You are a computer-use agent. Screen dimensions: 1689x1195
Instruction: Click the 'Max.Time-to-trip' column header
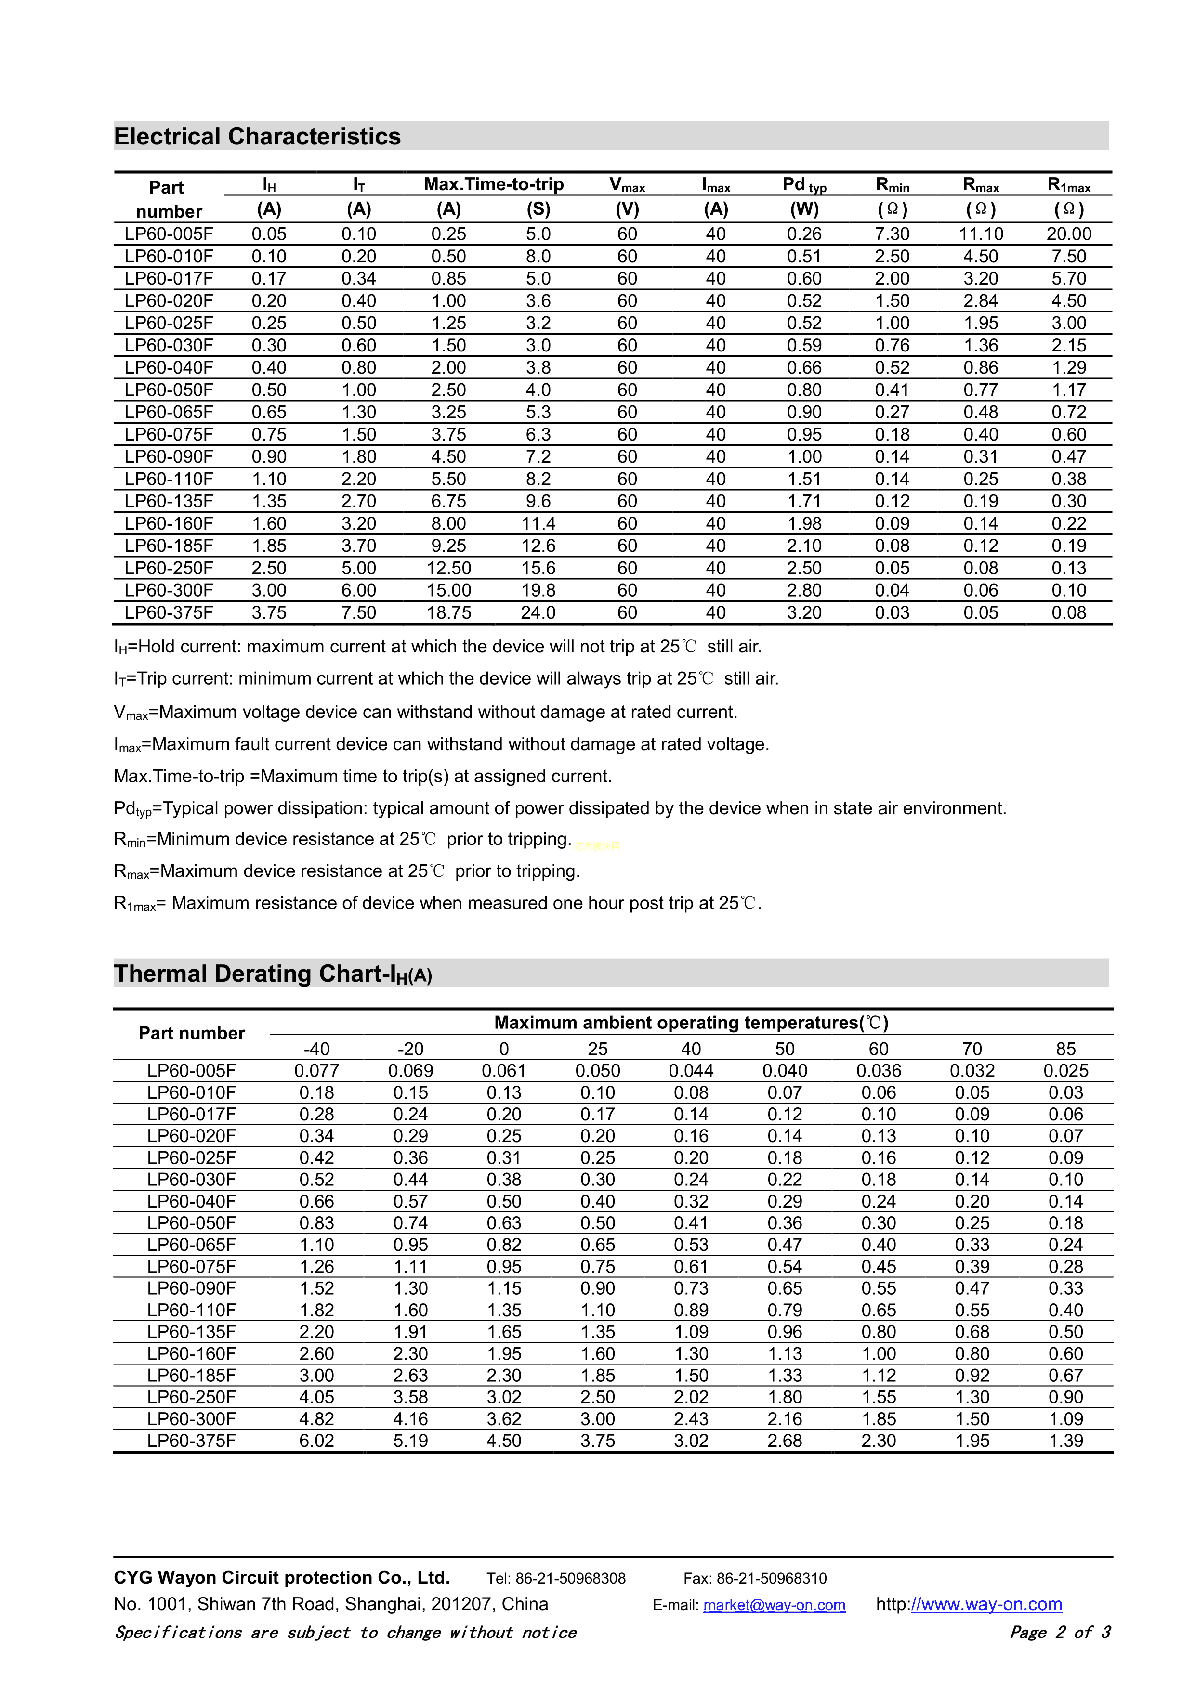pyautogui.click(x=494, y=184)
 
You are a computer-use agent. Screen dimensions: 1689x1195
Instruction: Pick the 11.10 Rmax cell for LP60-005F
pyautogui.click(x=981, y=234)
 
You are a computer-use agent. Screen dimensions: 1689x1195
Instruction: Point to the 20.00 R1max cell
pyautogui.click(x=1068, y=234)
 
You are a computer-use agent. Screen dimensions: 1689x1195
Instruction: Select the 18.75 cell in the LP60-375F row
pyautogui.click(x=449, y=613)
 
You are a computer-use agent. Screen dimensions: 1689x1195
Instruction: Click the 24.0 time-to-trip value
pyautogui.click(x=538, y=613)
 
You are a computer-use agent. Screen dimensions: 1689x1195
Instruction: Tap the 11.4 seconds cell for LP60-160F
pyautogui.click(x=538, y=524)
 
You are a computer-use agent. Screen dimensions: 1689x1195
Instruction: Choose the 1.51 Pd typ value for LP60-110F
pyautogui.click(x=804, y=479)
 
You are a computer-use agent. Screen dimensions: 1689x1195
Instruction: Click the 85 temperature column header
pyautogui.click(x=1065, y=1049)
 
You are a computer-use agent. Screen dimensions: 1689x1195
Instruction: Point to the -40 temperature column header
pyautogui.click(x=316, y=1049)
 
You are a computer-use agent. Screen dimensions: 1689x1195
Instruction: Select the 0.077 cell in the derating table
pyautogui.click(x=316, y=1071)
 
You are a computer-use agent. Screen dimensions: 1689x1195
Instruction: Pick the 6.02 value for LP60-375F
pyautogui.click(x=316, y=1441)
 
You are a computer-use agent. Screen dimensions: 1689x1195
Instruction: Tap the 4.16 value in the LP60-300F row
pyautogui.click(x=410, y=1419)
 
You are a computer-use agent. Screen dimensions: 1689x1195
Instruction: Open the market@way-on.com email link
pyautogui.click(x=774, y=1605)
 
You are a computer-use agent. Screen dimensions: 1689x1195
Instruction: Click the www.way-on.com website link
pyautogui.click(x=986, y=1604)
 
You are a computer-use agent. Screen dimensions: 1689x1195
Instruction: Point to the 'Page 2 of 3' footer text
pyautogui.click(x=1060, y=1632)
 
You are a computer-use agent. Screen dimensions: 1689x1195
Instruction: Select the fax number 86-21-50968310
pyautogui.click(x=771, y=1578)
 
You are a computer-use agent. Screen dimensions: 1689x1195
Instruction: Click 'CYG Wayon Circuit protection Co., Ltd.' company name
pyautogui.click(x=281, y=1577)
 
